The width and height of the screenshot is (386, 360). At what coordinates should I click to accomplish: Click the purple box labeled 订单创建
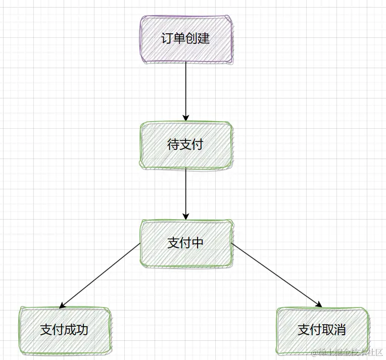click(x=185, y=39)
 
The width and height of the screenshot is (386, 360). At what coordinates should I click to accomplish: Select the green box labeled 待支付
click(x=185, y=145)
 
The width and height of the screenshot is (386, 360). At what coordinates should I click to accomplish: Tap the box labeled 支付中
click(x=185, y=243)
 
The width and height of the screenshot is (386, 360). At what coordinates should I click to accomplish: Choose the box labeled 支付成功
click(x=65, y=330)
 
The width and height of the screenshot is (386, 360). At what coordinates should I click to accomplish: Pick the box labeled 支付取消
click(x=322, y=330)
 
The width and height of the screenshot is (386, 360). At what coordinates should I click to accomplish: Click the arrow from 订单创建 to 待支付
click(x=185, y=91)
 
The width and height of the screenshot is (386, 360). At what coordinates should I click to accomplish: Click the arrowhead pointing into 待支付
click(x=185, y=118)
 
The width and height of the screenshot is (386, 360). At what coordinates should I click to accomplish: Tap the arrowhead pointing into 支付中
click(x=185, y=216)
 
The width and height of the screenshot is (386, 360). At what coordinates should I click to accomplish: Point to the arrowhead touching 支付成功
click(x=62, y=305)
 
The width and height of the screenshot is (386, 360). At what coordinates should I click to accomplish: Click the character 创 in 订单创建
click(x=191, y=39)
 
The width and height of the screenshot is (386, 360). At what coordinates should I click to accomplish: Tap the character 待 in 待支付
click(x=173, y=145)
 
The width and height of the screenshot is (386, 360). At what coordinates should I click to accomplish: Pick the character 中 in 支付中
click(x=198, y=243)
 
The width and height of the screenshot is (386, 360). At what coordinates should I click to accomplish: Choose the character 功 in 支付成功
click(x=82, y=330)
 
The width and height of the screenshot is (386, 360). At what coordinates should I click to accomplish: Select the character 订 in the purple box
click(x=167, y=39)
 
